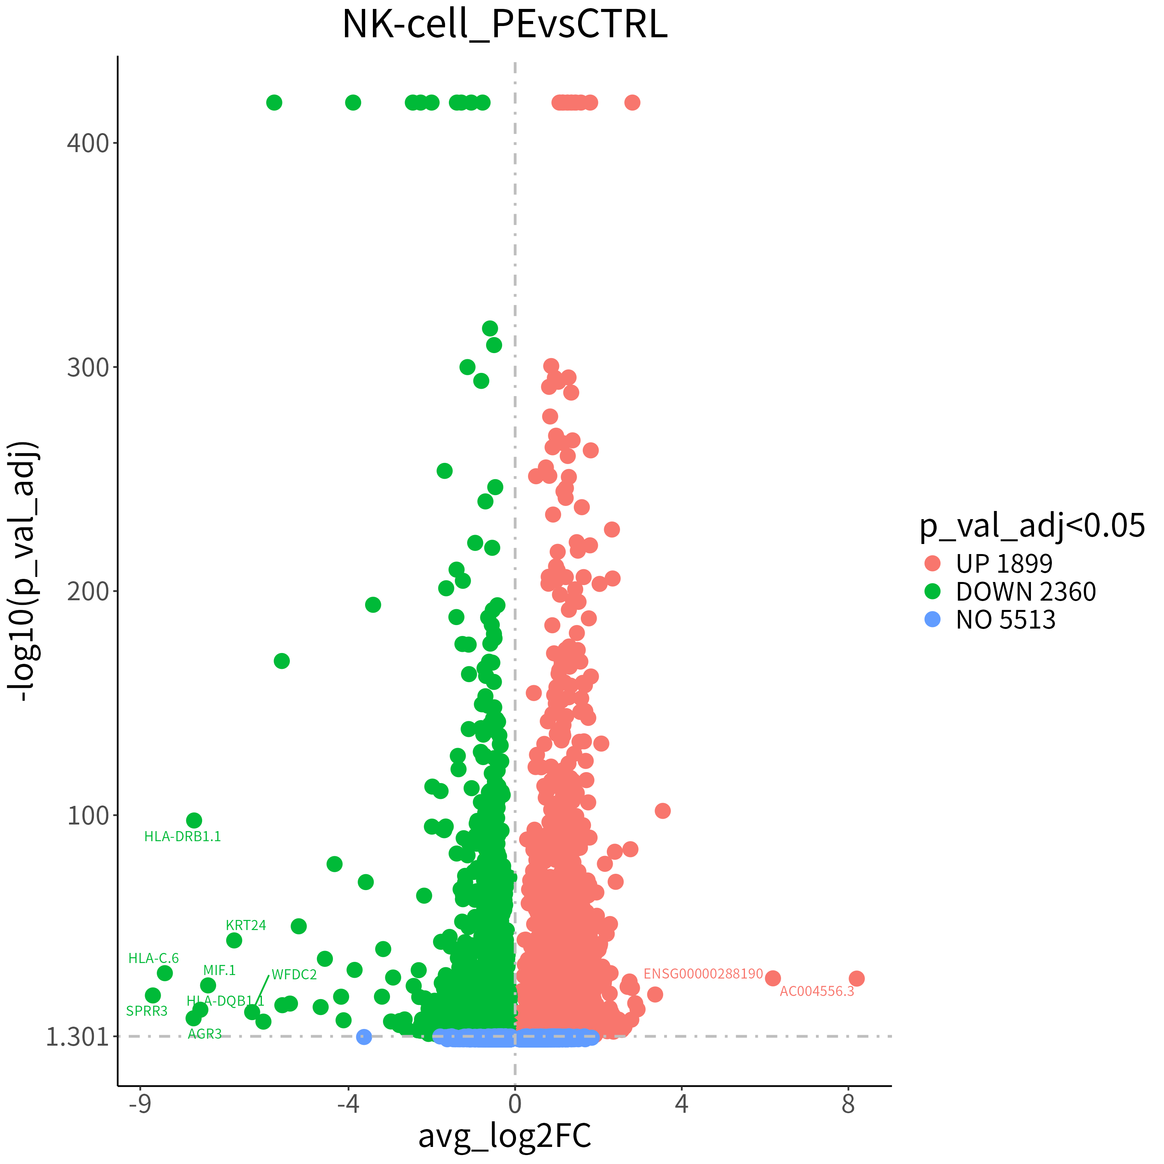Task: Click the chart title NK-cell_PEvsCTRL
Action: pos(505,25)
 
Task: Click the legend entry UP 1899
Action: pos(1004,563)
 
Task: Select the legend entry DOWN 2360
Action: pos(1025,592)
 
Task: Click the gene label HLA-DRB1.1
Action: pos(182,836)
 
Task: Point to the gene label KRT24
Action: pos(246,925)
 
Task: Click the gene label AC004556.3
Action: pos(817,992)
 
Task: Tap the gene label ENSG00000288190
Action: pos(703,974)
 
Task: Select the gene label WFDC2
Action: pos(294,975)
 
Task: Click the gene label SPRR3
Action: pos(146,1011)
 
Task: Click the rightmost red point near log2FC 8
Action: pos(857,979)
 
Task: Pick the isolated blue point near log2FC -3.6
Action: pos(364,1037)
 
